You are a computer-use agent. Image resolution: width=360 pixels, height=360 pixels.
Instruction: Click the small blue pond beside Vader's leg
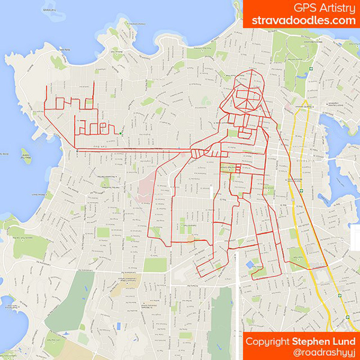tap(249, 264)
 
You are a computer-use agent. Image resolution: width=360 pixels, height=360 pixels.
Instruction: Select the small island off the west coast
tap(26, 157)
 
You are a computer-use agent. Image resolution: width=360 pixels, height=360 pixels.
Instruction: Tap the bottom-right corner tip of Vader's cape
tap(327, 265)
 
